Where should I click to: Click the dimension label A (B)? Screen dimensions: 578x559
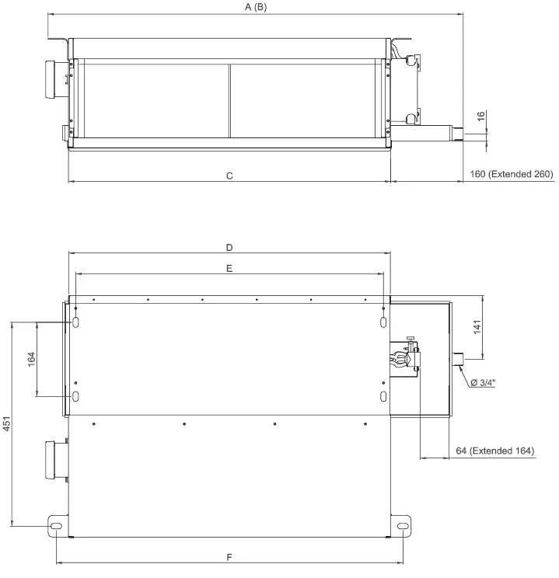255,7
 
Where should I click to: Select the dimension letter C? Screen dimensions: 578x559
229,176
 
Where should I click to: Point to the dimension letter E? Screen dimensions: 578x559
229,267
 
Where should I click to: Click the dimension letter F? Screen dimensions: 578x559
229,557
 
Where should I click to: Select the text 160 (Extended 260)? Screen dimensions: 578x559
511,174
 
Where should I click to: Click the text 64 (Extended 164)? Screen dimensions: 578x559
494,451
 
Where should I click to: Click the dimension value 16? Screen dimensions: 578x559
481,116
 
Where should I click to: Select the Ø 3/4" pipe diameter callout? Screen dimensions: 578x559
483,382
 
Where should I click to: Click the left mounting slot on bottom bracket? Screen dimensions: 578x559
57,526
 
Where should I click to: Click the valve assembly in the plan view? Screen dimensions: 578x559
405,359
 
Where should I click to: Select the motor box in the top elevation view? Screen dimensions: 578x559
57,79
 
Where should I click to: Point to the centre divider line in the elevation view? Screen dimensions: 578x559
230,100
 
